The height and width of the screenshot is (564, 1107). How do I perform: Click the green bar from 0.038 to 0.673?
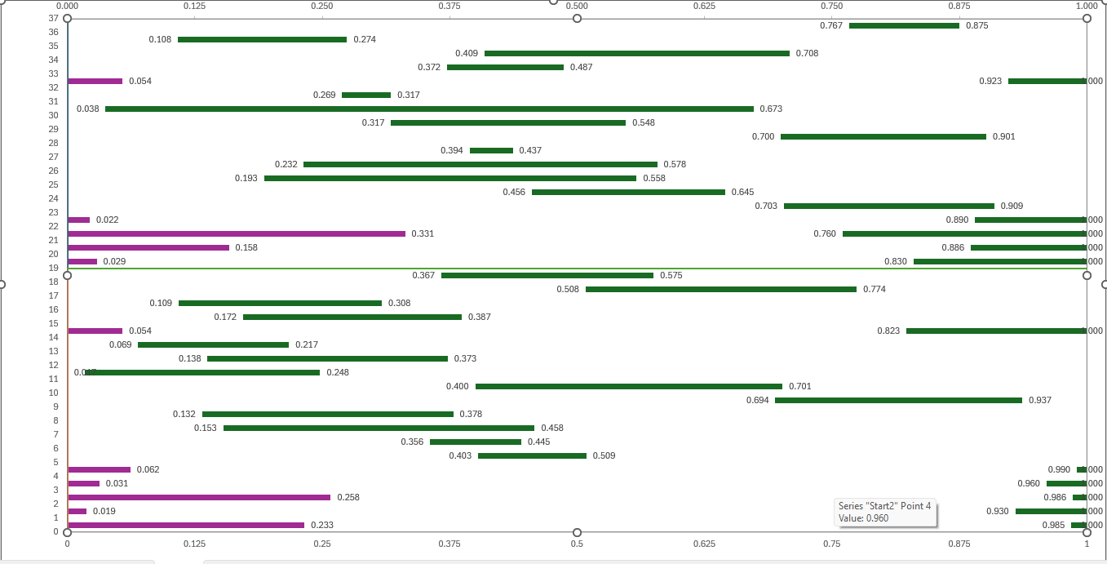[429, 109]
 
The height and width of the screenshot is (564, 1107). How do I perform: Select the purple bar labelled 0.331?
[236, 233]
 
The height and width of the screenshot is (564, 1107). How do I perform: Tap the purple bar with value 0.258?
[198, 497]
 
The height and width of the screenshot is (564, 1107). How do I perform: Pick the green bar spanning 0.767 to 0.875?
[904, 25]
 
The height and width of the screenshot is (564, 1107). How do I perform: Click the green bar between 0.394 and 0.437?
[491, 150]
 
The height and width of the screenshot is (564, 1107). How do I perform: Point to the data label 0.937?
[1040, 400]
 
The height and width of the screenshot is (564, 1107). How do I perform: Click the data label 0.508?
[568, 289]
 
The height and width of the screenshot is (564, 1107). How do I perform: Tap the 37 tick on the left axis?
[53, 18]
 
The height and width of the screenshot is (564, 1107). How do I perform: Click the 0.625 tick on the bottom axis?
[705, 543]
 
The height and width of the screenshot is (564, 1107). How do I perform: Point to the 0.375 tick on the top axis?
[449, 6]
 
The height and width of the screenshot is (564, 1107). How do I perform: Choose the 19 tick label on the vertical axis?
[53, 268]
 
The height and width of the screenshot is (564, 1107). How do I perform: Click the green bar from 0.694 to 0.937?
[898, 400]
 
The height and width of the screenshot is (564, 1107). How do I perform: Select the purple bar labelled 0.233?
[185, 525]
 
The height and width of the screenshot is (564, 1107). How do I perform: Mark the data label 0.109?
[161, 303]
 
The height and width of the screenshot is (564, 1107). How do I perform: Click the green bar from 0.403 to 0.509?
[532, 455]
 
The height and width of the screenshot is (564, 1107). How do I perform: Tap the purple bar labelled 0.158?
[148, 247]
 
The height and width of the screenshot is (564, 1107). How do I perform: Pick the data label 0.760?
[825, 233]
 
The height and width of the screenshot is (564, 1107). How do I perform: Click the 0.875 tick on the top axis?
[959, 6]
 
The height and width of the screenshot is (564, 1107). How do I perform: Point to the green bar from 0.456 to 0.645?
[628, 192]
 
